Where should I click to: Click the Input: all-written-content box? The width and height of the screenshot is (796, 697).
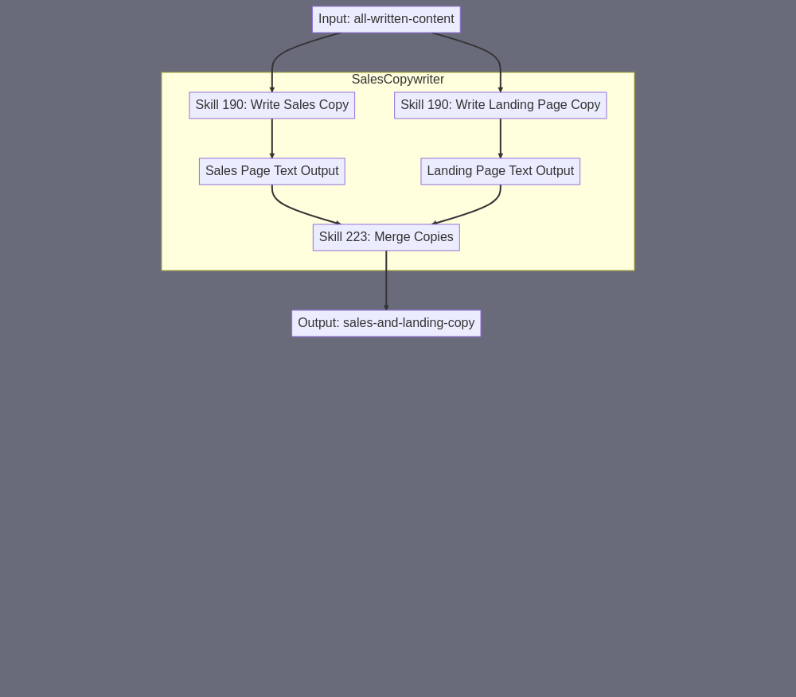point(386,19)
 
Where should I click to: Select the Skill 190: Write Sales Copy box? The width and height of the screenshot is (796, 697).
point(272,105)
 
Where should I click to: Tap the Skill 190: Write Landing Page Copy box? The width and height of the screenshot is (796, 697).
point(501,105)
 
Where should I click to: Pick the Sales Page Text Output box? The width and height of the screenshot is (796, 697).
point(272,171)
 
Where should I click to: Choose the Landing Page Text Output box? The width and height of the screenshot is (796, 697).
point(501,171)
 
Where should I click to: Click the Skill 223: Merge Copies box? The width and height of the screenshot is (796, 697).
point(386,237)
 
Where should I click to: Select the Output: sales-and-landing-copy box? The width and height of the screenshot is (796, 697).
point(386,323)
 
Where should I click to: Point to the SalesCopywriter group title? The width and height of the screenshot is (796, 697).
point(398,79)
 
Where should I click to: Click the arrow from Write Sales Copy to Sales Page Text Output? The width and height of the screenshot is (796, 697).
point(272,138)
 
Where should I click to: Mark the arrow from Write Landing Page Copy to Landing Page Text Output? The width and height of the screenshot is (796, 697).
point(501,138)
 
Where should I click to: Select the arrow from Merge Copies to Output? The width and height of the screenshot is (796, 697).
point(386,281)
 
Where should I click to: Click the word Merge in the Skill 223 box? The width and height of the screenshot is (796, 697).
point(391,237)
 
